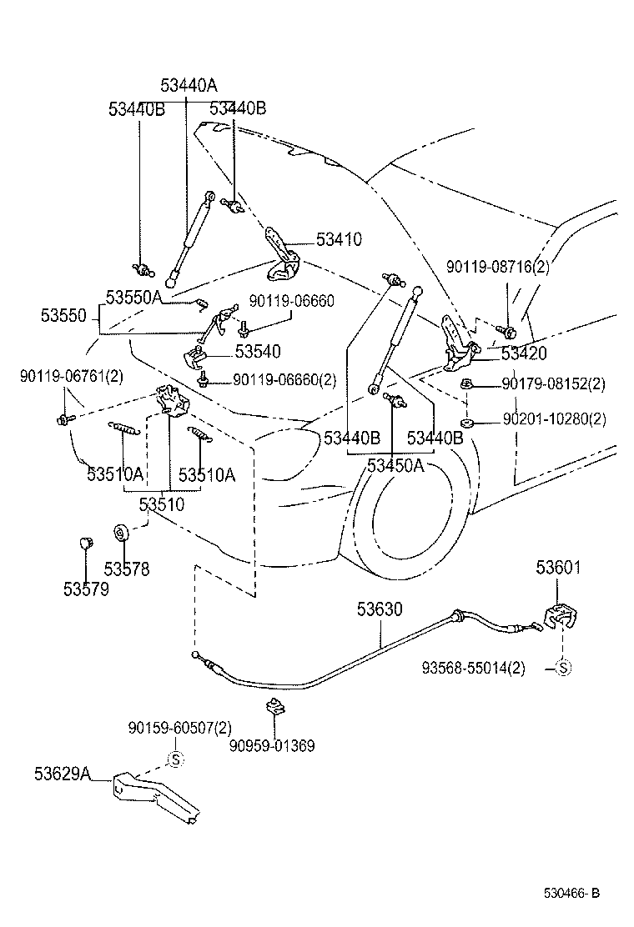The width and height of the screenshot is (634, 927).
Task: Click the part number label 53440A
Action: pos(189,85)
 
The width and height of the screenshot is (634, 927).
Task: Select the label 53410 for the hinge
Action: pos(339,240)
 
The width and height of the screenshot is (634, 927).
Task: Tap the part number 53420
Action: pos(523,353)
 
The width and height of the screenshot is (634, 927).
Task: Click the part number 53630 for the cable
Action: pos(380,610)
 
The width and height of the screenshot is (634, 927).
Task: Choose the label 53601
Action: pos(558,569)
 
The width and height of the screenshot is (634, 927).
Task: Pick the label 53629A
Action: pos(63,774)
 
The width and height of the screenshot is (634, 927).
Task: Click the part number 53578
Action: pos(127,569)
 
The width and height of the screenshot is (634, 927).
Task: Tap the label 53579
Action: pos(85,589)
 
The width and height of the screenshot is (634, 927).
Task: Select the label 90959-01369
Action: pos(273,745)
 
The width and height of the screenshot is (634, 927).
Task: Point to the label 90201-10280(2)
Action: pos(554,419)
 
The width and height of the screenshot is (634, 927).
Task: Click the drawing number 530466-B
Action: pos(571,894)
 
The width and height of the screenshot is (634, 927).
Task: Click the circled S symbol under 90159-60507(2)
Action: pos(176,759)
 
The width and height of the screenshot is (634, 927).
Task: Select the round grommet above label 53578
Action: pos(119,532)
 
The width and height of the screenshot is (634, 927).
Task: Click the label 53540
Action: pos(258,352)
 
